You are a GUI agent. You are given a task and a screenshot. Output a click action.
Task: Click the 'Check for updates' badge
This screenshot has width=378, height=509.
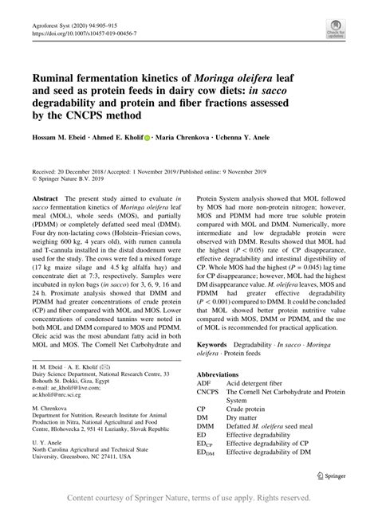[x=334, y=29]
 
